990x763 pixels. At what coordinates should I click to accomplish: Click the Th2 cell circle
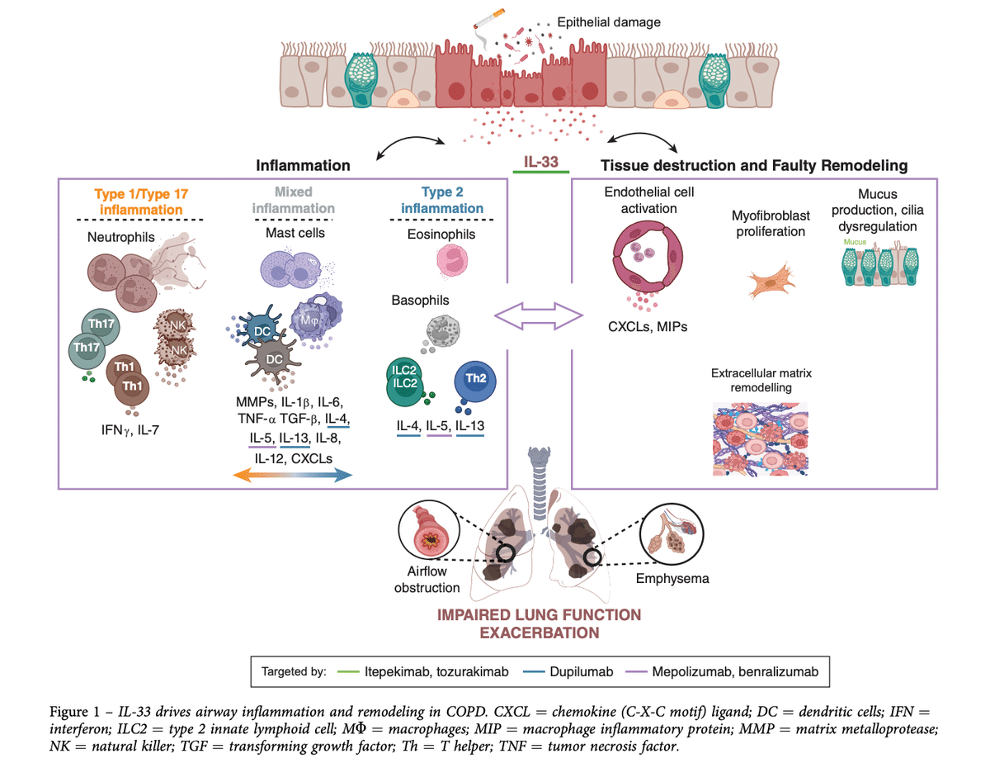(x=474, y=379)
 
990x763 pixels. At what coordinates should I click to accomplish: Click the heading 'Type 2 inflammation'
(x=442, y=200)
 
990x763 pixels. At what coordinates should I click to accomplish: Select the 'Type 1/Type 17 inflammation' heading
(x=140, y=201)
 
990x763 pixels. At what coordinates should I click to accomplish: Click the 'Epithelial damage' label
(x=610, y=22)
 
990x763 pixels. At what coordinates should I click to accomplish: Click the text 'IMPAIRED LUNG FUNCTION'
(x=540, y=615)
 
